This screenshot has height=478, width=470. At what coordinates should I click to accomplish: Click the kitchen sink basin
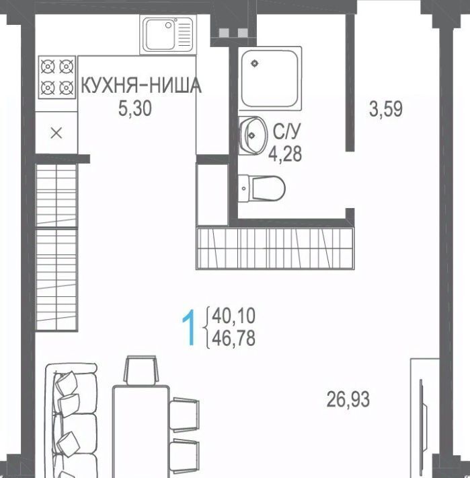(160, 34)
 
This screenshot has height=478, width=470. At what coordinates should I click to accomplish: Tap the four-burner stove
(57, 77)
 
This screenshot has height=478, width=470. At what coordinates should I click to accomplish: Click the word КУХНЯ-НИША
(141, 86)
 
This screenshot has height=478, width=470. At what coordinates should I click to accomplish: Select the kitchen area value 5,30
(135, 108)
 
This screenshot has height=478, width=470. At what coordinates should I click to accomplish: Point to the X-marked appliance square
(56, 133)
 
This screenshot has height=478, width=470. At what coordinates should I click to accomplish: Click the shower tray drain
(254, 63)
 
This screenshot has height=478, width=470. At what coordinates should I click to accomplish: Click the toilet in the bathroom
(262, 188)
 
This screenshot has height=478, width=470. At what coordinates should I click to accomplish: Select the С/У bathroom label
(286, 132)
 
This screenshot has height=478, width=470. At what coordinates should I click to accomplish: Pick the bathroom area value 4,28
(285, 153)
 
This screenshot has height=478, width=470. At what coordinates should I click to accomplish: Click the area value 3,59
(386, 109)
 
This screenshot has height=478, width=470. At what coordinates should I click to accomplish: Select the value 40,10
(233, 316)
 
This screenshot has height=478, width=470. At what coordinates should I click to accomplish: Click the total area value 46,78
(233, 339)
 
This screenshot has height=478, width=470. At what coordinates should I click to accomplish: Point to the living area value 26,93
(348, 399)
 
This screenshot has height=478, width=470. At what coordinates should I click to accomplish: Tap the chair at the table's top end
(141, 370)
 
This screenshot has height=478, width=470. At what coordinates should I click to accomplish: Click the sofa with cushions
(72, 421)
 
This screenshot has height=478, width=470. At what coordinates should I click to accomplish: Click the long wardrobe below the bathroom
(275, 248)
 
